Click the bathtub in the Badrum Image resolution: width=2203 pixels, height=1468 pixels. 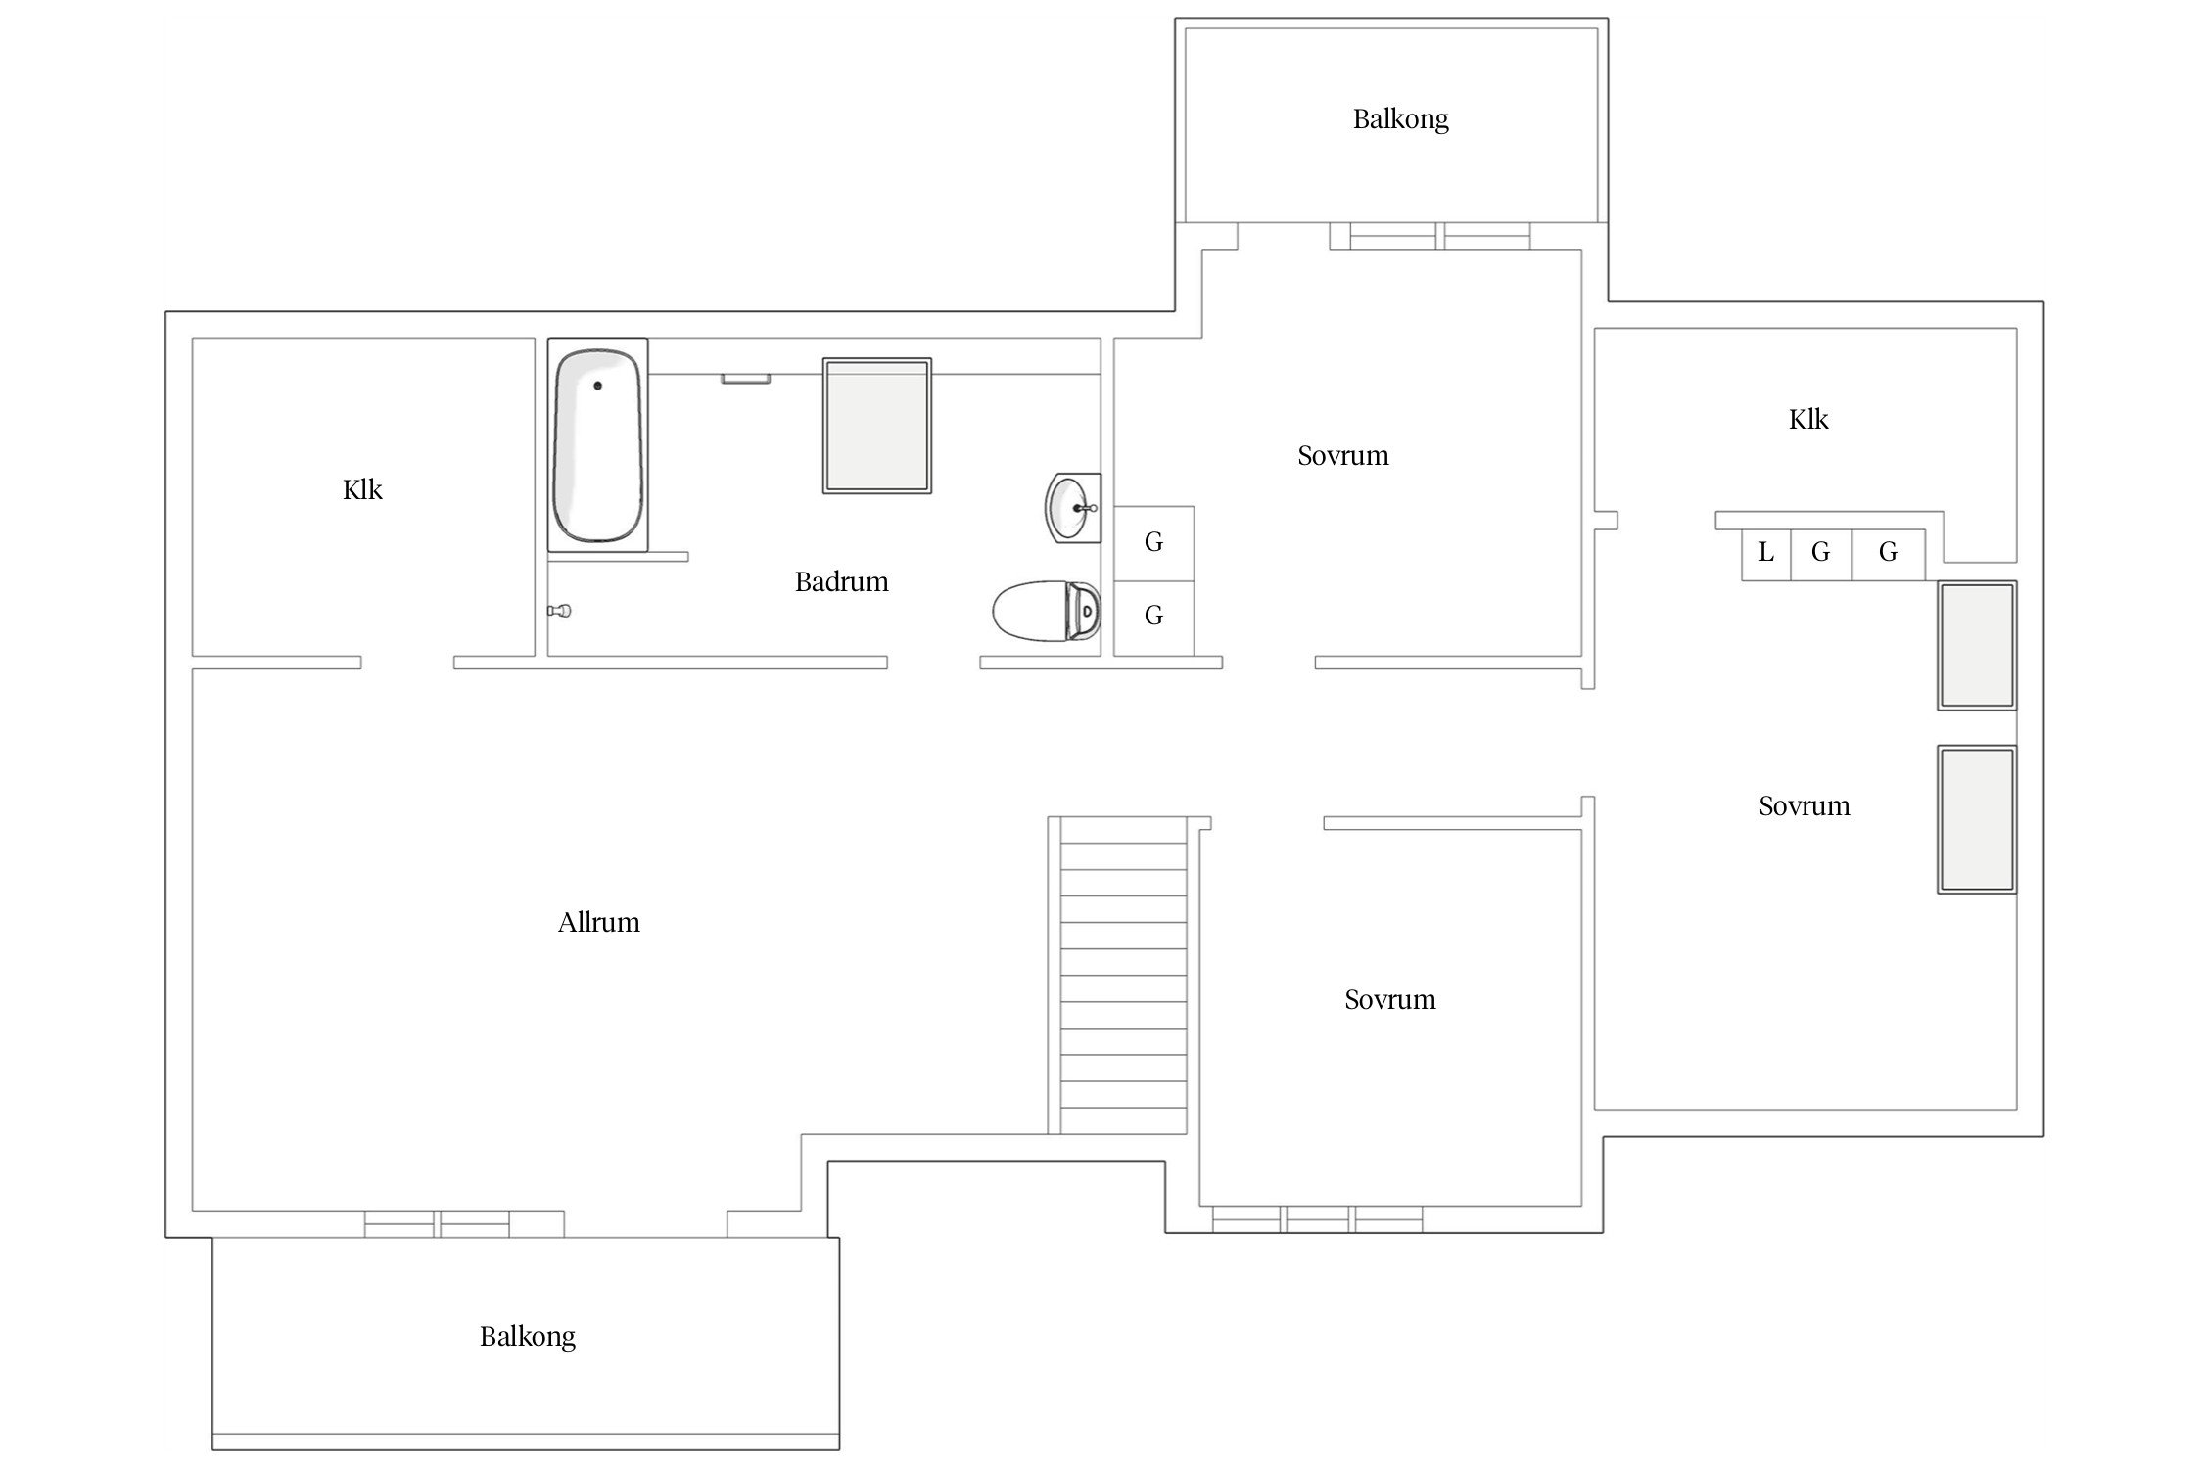(597, 445)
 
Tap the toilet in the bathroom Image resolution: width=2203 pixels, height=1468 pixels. (1046, 611)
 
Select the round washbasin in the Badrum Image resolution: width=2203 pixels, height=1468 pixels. (1073, 507)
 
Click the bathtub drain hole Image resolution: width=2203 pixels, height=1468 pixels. (597, 386)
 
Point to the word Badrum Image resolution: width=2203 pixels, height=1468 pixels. (842, 582)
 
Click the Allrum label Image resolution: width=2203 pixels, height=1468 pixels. (599, 923)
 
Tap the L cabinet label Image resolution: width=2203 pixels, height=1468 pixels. (1766, 553)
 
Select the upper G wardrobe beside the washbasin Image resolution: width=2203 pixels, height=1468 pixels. (1154, 543)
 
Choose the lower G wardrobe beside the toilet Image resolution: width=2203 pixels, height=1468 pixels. (1154, 618)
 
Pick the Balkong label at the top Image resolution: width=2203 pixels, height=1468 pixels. (1401, 119)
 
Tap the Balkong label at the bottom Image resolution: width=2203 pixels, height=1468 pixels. (528, 1337)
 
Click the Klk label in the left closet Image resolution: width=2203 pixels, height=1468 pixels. (362, 489)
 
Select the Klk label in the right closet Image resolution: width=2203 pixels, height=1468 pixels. (1808, 420)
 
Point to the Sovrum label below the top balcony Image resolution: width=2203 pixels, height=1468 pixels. (1343, 456)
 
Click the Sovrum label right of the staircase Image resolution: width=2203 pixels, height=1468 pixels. (1390, 1000)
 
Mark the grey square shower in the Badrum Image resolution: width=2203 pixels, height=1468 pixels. (876, 426)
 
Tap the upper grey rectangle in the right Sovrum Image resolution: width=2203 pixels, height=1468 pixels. (1977, 645)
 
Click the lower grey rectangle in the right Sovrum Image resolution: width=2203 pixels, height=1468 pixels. (1977, 820)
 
